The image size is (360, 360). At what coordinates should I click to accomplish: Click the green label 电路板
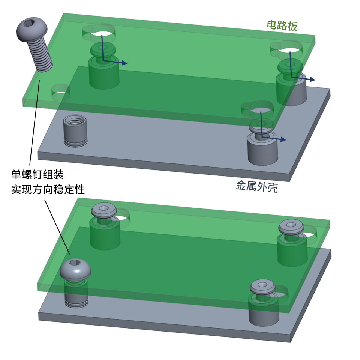click(282, 25)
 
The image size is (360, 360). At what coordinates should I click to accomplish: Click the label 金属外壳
click(257, 186)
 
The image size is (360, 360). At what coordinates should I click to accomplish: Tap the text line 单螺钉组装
click(37, 174)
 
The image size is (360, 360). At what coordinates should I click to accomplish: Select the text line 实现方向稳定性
click(48, 190)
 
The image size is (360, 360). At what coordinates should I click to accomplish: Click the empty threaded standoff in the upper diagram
click(75, 130)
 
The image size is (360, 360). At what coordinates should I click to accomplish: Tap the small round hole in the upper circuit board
click(61, 92)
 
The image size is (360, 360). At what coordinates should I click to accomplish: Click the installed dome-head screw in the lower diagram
click(75, 269)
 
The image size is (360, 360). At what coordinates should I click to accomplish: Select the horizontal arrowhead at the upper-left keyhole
click(124, 63)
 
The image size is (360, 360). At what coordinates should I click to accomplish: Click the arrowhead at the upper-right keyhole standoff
click(312, 79)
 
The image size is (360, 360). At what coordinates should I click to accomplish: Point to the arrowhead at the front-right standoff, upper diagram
click(283, 139)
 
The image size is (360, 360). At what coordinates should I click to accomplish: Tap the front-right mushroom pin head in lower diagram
click(262, 286)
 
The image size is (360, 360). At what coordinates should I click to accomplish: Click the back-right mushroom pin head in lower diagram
click(291, 226)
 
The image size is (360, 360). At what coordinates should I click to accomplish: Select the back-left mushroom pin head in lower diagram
click(104, 210)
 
